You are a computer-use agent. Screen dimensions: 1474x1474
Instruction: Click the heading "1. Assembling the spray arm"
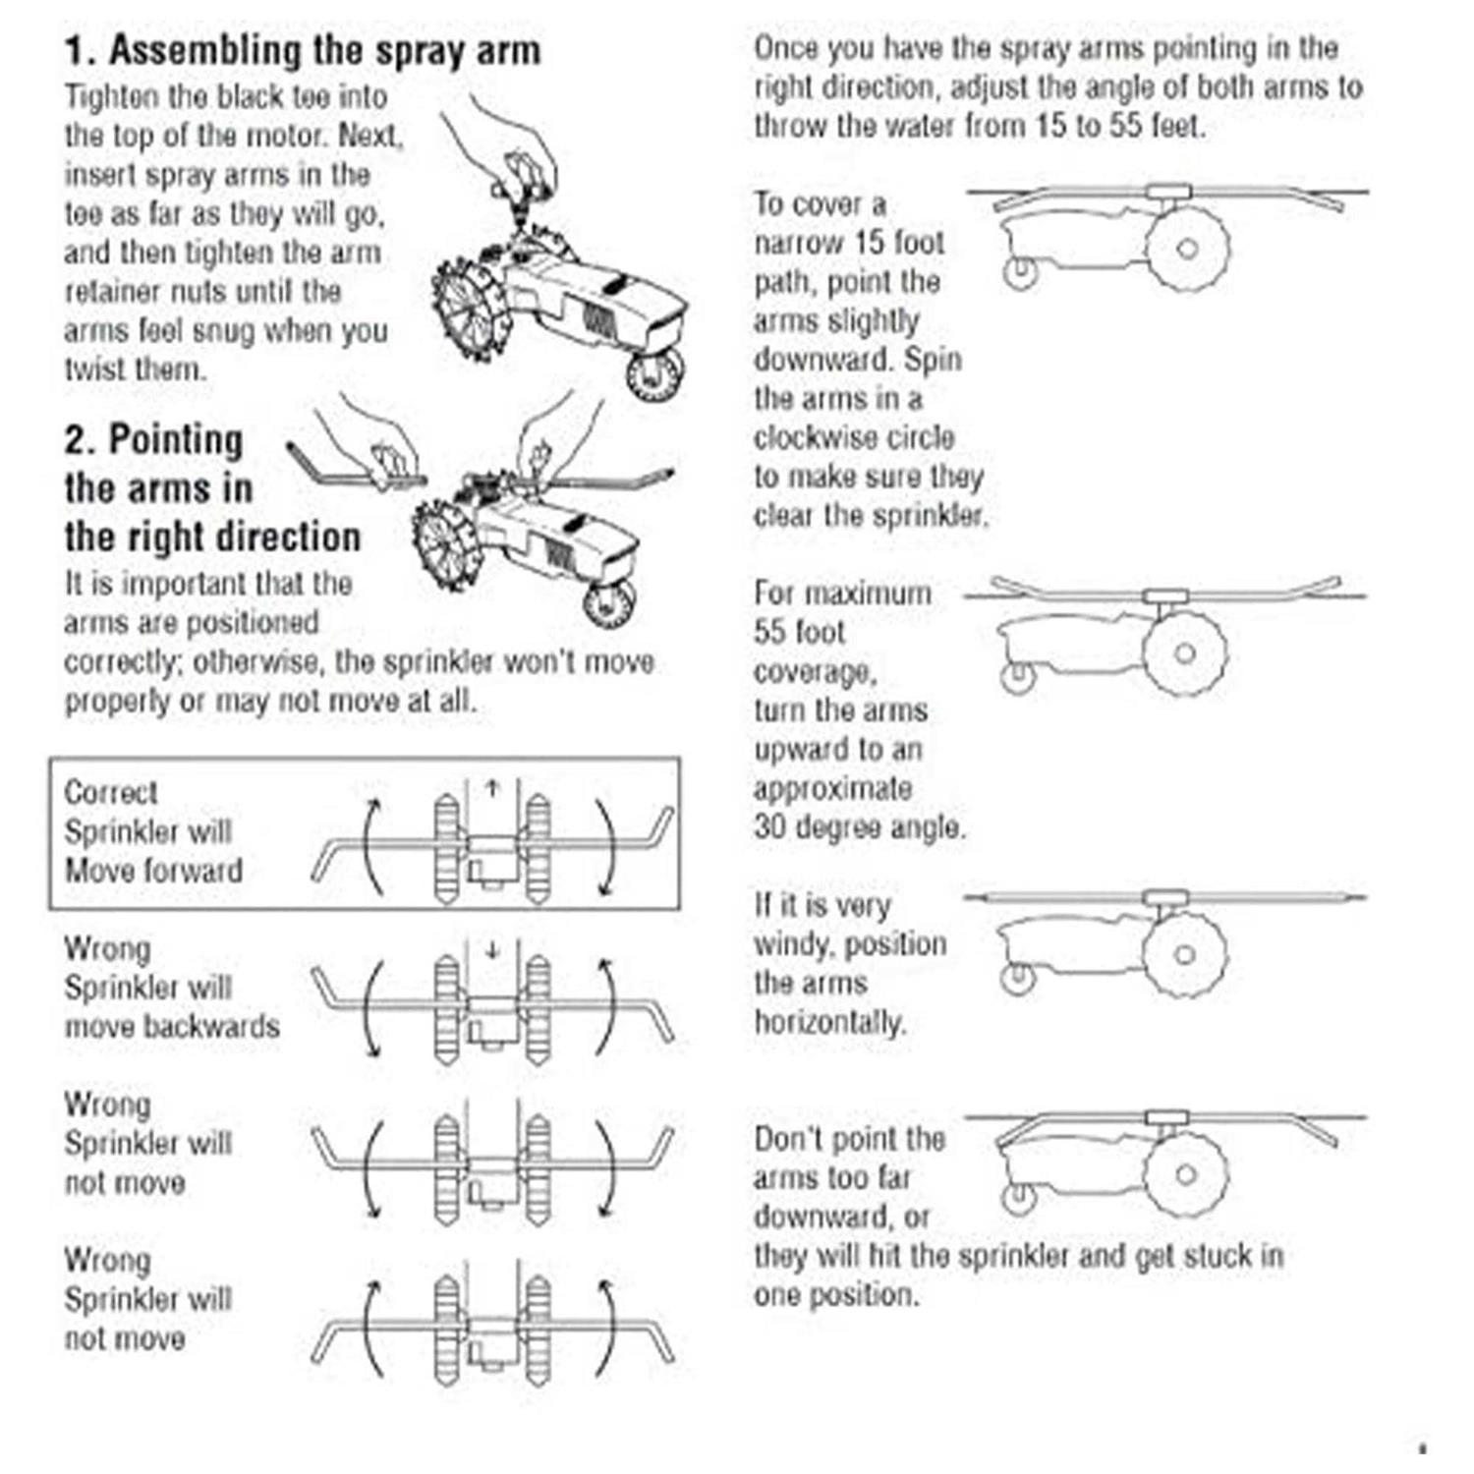point(303,50)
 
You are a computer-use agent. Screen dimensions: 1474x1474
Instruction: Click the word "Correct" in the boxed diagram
point(110,792)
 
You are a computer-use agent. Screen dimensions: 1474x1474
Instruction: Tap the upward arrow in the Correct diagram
point(492,787)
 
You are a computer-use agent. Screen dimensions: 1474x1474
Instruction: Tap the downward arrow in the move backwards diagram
point(492,949)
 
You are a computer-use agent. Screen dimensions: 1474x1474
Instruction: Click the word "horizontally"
point(828,1023)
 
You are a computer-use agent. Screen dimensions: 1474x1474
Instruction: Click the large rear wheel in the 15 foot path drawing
point(1187,249)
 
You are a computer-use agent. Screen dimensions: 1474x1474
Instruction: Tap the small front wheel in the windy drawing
point(1018,978)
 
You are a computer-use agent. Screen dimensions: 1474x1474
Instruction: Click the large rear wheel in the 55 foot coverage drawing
point(1185,653)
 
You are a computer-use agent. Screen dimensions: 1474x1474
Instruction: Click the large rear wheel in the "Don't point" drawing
point(1186,1174)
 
